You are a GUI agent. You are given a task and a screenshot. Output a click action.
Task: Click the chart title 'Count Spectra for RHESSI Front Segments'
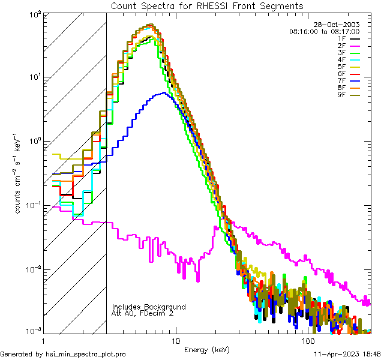(207, 5)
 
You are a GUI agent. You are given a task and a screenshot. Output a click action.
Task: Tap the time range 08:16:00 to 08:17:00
(324, 31)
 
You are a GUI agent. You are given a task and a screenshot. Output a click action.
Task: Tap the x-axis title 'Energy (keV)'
(206, 349)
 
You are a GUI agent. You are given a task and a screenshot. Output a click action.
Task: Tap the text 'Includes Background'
(149, 307)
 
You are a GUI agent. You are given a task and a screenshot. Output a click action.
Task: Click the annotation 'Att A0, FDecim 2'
(143, 313)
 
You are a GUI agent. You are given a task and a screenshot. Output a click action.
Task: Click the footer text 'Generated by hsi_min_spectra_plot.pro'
(63, 355)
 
